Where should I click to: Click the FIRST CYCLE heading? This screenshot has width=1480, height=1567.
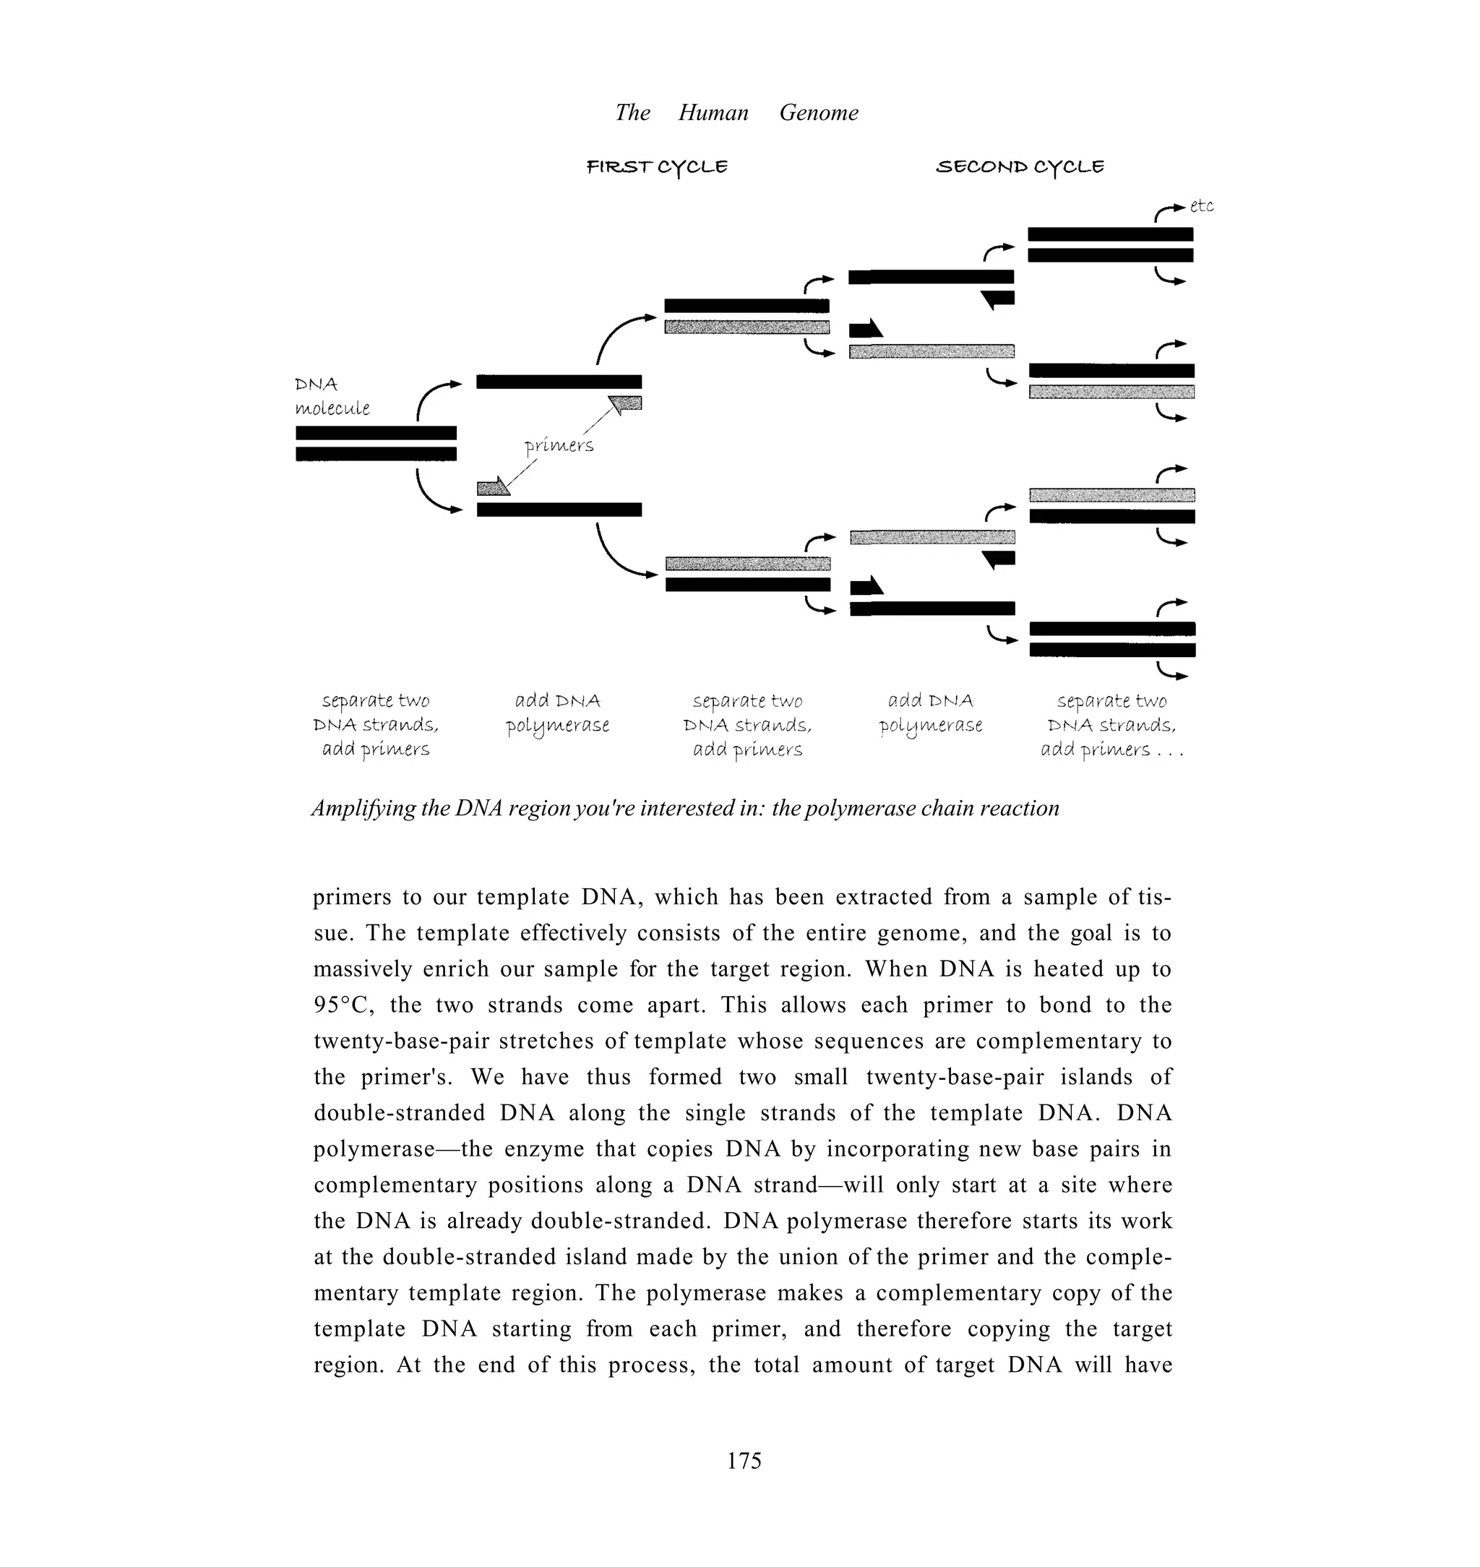[656, 167]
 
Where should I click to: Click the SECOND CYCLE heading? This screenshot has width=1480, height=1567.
[1019, 167]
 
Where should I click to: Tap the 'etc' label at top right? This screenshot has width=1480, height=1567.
[1201, 206]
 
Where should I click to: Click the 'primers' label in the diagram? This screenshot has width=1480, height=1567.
[559, 446]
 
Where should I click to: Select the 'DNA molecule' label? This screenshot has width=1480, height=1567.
[332, 396]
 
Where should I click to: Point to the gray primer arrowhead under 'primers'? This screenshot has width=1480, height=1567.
[493, 487]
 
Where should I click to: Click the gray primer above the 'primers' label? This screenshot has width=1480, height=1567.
[626, 404]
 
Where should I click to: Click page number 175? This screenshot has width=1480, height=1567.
[743, 1461]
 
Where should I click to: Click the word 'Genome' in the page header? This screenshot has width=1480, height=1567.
[818, 113]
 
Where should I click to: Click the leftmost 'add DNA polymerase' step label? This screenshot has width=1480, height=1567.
[558, 713]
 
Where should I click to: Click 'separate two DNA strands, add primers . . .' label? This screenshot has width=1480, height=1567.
[1111, 725]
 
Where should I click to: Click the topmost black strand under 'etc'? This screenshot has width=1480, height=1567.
[1110, 234]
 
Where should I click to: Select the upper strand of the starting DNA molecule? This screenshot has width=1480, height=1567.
[376, 432]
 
